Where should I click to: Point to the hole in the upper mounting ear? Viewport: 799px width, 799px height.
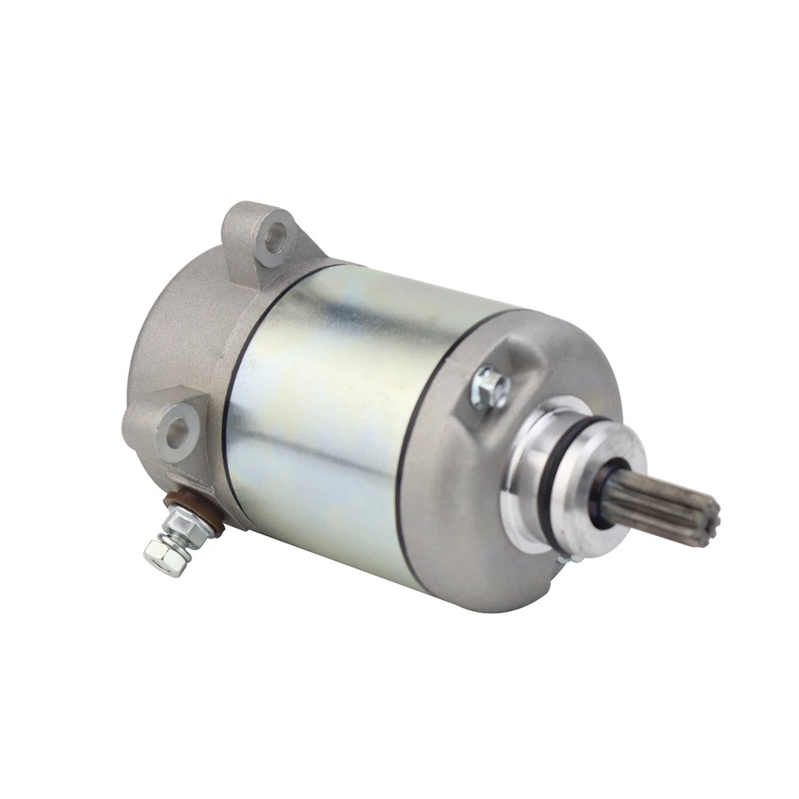pos(271,235)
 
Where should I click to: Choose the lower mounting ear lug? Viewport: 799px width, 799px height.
pos(171,433)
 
